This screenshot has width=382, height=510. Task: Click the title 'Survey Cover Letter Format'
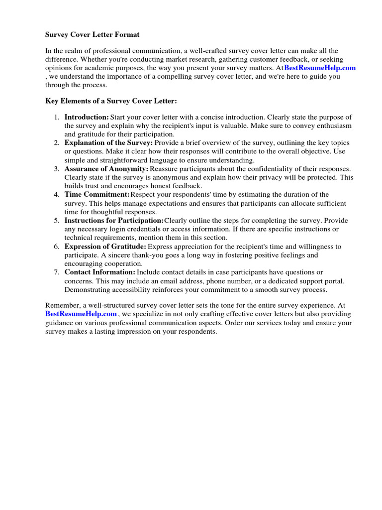click(93, 35)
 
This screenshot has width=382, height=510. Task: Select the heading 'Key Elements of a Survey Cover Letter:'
click(111, 101)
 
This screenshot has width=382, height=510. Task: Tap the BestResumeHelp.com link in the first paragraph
click(320, 68)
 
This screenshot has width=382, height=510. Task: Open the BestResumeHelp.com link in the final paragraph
click(81, 314)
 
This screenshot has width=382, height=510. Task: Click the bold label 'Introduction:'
click(87, 117)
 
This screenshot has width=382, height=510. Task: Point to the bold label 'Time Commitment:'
click(97, 195)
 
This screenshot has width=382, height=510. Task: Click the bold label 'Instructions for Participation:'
click(114, 221)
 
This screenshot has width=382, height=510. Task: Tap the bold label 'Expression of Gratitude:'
click(105, 247)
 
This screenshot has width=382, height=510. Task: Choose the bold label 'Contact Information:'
click(99, 272)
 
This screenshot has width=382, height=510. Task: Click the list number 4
click(57, 195)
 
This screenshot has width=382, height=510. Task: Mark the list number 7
click(57, 272)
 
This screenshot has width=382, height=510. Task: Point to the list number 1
click(57, 117)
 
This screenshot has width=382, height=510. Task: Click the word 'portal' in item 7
click(333, 281)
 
